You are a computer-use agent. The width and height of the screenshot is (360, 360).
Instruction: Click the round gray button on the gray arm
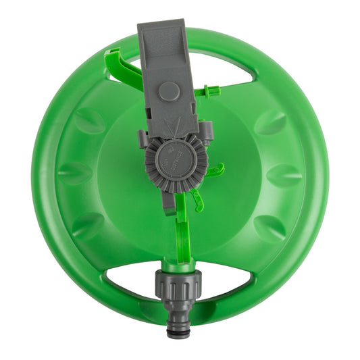click(170, 91)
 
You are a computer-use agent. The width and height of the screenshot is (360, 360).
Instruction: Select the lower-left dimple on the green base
click(88, 226)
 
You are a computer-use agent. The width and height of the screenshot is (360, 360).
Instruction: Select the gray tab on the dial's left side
click(142, 138)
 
